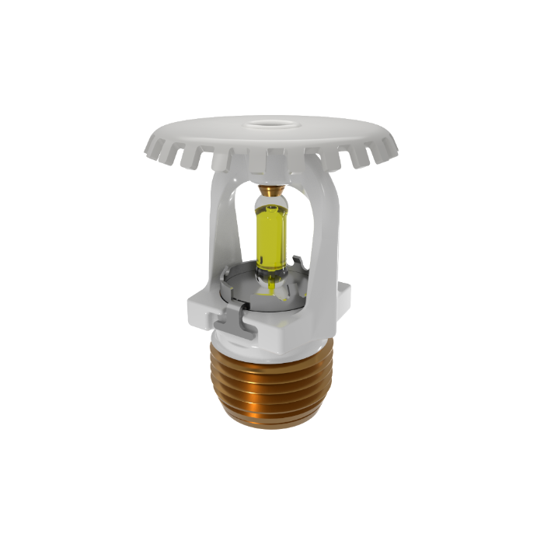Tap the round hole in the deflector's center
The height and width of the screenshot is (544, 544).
(270, 123)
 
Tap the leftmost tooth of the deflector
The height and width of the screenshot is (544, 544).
(152, 148)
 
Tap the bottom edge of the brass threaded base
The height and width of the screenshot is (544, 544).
(272, 426)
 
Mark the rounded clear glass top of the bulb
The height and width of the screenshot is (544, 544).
(272, 204)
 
